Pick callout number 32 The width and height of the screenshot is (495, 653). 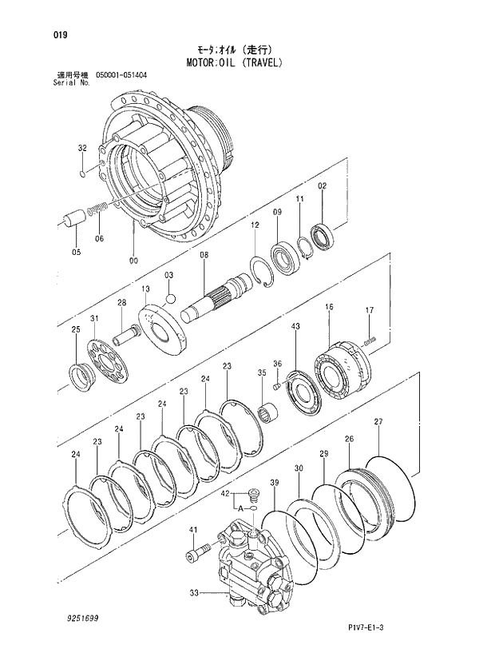[82, 149]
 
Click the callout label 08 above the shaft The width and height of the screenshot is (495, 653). [204, 255]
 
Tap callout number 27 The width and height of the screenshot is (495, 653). [378, 422]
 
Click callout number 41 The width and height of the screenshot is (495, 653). [192, 530]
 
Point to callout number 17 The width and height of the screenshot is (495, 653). [370, 310]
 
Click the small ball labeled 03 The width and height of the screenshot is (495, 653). [169, 299]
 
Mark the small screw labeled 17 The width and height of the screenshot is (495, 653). [369, 340]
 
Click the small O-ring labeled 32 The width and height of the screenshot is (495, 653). [83, 173]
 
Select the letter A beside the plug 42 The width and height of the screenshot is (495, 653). [238, 507]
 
